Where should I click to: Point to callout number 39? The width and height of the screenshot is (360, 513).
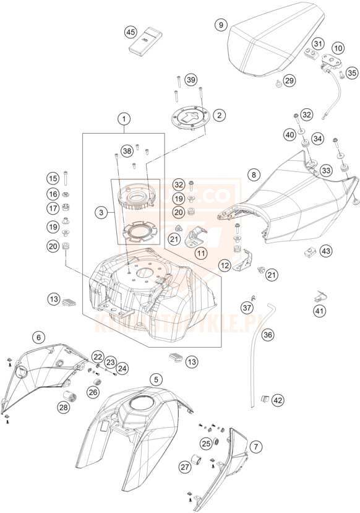191,80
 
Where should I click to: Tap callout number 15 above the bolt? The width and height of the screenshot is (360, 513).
52,179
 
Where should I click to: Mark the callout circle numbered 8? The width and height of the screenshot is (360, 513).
253,175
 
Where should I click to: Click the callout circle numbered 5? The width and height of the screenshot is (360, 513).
157,378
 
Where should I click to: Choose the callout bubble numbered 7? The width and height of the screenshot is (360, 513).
255,445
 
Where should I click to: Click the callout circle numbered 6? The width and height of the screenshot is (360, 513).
39,337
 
